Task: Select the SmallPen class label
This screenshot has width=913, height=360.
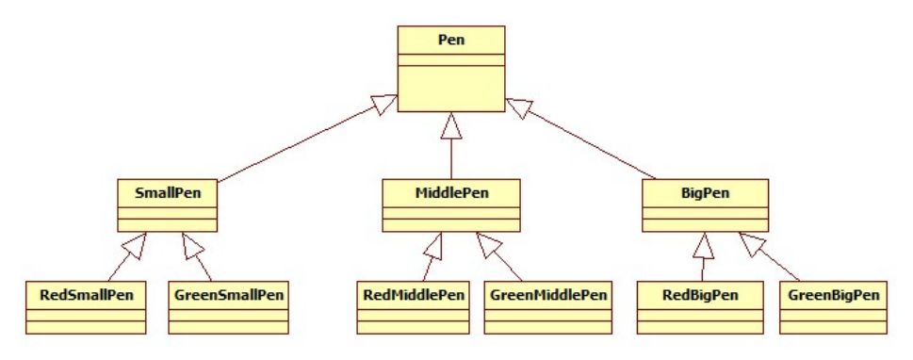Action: [x=166, y=193]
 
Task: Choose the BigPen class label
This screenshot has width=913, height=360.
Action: [x=705, y=193]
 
